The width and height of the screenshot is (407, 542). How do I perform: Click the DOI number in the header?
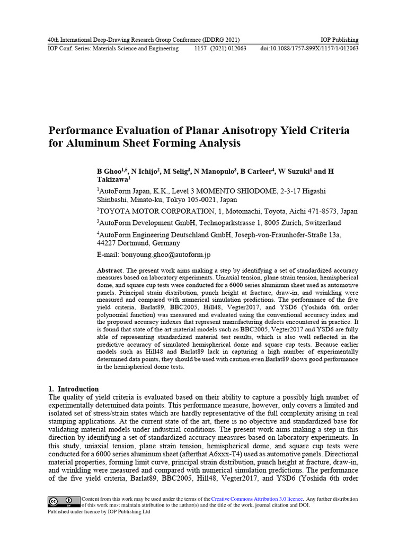[309, 48]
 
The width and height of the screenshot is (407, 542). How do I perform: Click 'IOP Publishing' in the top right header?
[340, 40]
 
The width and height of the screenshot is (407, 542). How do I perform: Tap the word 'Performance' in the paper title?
[81, 130]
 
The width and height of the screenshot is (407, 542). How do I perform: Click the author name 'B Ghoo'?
[109, 171]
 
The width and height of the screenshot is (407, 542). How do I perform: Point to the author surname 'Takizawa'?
[112, 180]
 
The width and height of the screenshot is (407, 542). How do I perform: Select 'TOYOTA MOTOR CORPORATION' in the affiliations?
[146, 211]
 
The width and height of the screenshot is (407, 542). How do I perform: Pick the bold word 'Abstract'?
[109, 270]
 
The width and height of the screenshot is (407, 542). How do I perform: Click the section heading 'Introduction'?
[78, 389]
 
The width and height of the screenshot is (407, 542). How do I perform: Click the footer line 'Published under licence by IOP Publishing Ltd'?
[99, 512]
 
